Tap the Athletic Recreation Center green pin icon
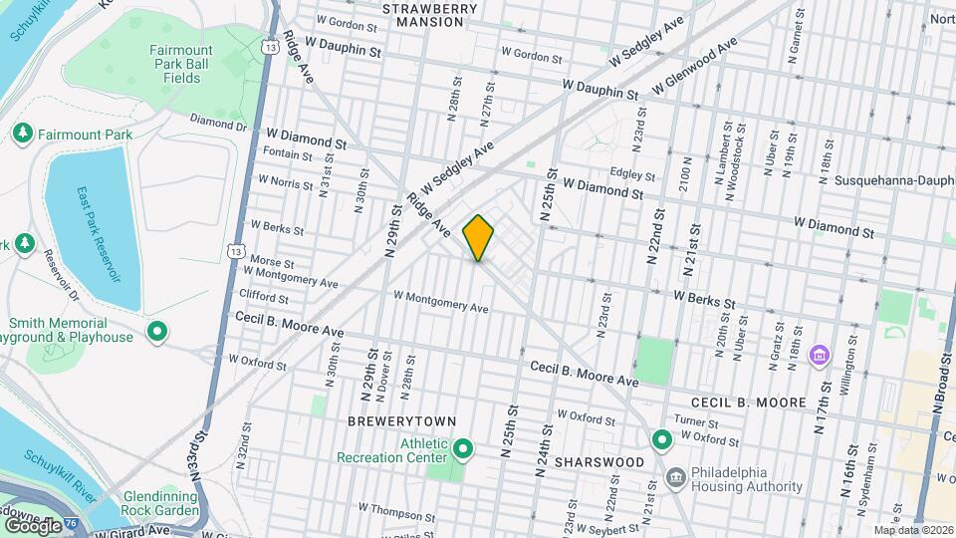(462, 449)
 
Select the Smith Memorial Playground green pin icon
(156, 331)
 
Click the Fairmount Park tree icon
(22, 134)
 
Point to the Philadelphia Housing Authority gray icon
(676, 479)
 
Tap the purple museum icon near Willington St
(820, 354)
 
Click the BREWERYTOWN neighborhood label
(392, 421)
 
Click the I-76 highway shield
(72, 524)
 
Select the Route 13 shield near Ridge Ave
(270, 46)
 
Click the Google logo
(33, 524)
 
